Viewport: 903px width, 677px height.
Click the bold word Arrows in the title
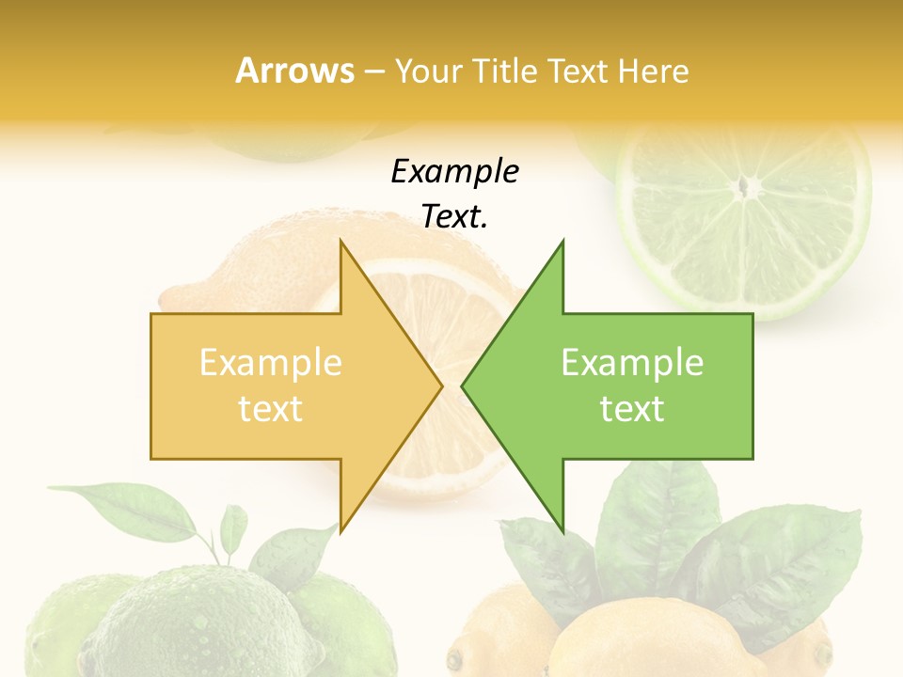294,71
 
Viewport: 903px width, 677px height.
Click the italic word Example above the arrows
454,172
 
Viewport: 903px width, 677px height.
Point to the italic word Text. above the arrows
454,217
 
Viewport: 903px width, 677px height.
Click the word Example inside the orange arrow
271,363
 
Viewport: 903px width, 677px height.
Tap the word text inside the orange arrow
271,409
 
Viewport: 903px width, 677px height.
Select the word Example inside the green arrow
632,363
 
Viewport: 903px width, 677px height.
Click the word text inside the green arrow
632,409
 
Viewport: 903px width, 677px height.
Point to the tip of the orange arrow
440,386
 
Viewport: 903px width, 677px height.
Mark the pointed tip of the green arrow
463,386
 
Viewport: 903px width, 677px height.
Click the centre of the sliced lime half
746,188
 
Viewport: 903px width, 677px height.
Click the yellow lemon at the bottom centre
640,639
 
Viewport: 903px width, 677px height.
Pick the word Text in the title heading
578,71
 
